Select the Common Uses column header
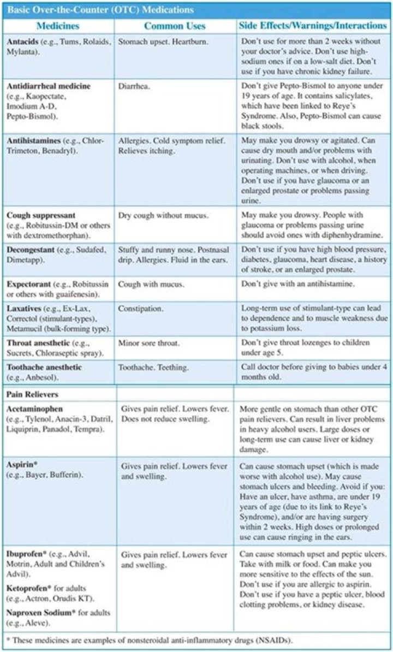(x=175, y=26)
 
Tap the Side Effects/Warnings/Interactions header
(x=313, y=26)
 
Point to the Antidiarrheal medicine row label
(x=49, y=86)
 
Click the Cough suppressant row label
(x=40, y=216)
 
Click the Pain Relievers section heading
(x=33, y=393)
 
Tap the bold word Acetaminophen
(x=34, y=409)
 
